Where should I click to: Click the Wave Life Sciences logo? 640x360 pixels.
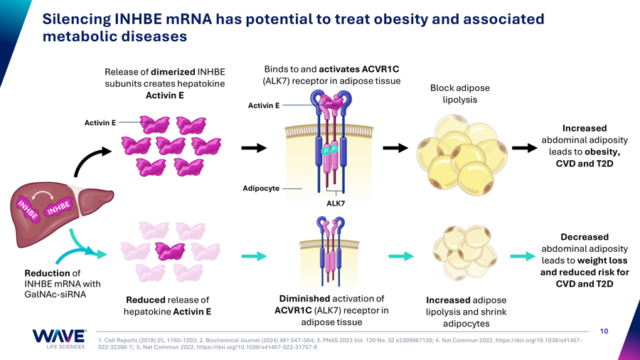pos(59,339)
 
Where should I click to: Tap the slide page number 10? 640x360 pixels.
pos(604,331)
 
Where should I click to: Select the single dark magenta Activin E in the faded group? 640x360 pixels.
pos(170,251)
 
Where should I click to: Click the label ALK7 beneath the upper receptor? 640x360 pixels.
pos(336,203)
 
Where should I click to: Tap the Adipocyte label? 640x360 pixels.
pos(261,188)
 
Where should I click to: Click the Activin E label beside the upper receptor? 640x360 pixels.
pos(264,105)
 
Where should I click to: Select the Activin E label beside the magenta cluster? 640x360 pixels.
pos(100,122)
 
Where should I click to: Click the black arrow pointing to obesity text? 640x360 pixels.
pos(525,148)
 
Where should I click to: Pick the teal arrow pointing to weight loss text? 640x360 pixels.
pos(523,256)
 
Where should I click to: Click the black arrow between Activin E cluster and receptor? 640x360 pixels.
pos(254,148)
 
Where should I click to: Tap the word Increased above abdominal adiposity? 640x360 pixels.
pos(585,128)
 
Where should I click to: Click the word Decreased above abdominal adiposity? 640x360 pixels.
pos(585,237)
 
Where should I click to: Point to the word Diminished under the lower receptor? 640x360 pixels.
pos(304,299)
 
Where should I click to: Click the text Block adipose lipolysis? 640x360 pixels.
pos(460,93)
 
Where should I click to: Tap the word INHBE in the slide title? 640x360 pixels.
pos(134,19)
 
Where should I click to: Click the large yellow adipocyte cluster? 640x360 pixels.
pos(462,154)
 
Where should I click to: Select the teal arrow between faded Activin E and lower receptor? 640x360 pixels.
pos(254,256)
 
